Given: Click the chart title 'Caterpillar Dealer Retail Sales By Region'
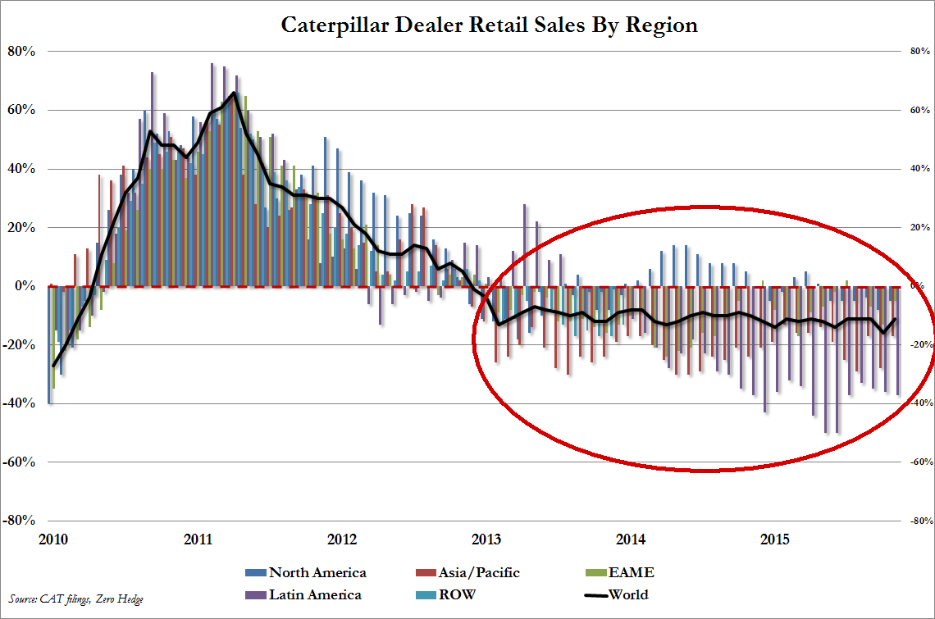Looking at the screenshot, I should pyautogui.click(x=489, y=25).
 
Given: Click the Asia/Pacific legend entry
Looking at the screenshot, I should pyautogui.click(x=475, y=572).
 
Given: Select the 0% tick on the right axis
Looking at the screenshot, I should pyautogui.click(x=917, y=287).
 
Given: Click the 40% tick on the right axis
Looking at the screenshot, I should pyautogui.click(x=917, y=170).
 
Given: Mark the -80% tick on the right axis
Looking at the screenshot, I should pyautogui.click(x=917, y=521).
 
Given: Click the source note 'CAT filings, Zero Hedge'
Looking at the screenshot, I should pyautogui.click(x=77, y=599).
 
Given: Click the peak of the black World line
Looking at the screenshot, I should pyautogui.click(x=234, y=93).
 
